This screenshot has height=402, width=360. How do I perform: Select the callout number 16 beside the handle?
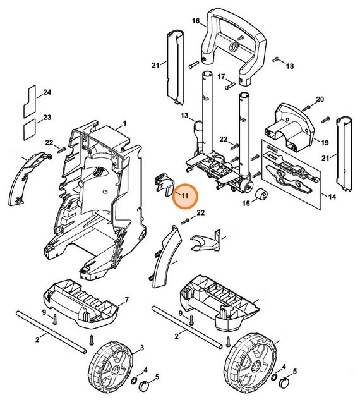(195, 21)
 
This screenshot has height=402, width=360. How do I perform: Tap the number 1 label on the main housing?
(124, 123)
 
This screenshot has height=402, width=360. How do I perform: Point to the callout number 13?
(184, 116)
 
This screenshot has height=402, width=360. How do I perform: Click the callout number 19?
(326, 143)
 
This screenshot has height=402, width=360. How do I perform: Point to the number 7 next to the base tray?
(126, 299)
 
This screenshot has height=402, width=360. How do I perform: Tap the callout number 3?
(142, 348)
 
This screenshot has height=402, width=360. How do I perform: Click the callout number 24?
(47, 93)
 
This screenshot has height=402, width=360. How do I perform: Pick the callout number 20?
(320, 99)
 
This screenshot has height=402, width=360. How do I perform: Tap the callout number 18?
(290, 66)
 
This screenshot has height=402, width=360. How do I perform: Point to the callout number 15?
(246, 204)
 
